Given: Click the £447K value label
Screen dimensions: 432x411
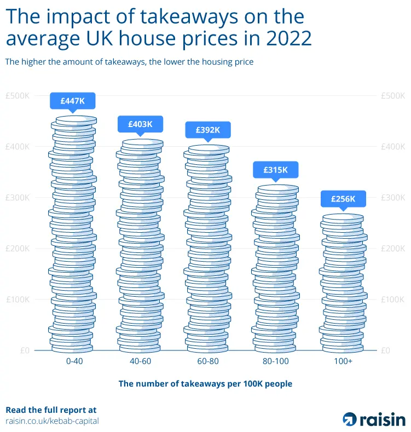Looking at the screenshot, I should click(72, 101).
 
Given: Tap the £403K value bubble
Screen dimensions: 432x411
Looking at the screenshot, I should click(140, 124).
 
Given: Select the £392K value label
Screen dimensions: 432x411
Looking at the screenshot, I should click(208, 130).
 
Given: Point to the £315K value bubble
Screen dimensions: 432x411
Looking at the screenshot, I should click(276, 170).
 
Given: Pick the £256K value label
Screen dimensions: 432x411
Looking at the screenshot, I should click(343, 199).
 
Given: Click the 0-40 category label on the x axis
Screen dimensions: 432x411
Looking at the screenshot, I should click(73, 362).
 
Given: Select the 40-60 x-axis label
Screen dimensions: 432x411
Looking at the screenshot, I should click(140, 362).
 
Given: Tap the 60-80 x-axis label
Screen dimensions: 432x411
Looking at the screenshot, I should click(208, 362).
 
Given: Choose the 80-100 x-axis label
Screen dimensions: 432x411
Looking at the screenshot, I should click(276, 362).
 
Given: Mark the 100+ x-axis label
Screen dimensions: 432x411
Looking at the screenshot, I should click(343, 362).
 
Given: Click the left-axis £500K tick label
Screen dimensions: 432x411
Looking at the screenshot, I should click(18, 95).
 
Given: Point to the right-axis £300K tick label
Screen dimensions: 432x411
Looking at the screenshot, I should click(392, 197).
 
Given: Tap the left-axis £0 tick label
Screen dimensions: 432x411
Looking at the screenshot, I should click(25, 350).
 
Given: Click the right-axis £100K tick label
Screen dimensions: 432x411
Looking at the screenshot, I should click(392, 299).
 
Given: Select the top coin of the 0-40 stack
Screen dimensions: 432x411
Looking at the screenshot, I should click(74, 119).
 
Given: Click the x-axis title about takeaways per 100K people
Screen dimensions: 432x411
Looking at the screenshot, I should click(205, 384).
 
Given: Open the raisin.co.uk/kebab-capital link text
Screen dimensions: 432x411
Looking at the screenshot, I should click(52, 421).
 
